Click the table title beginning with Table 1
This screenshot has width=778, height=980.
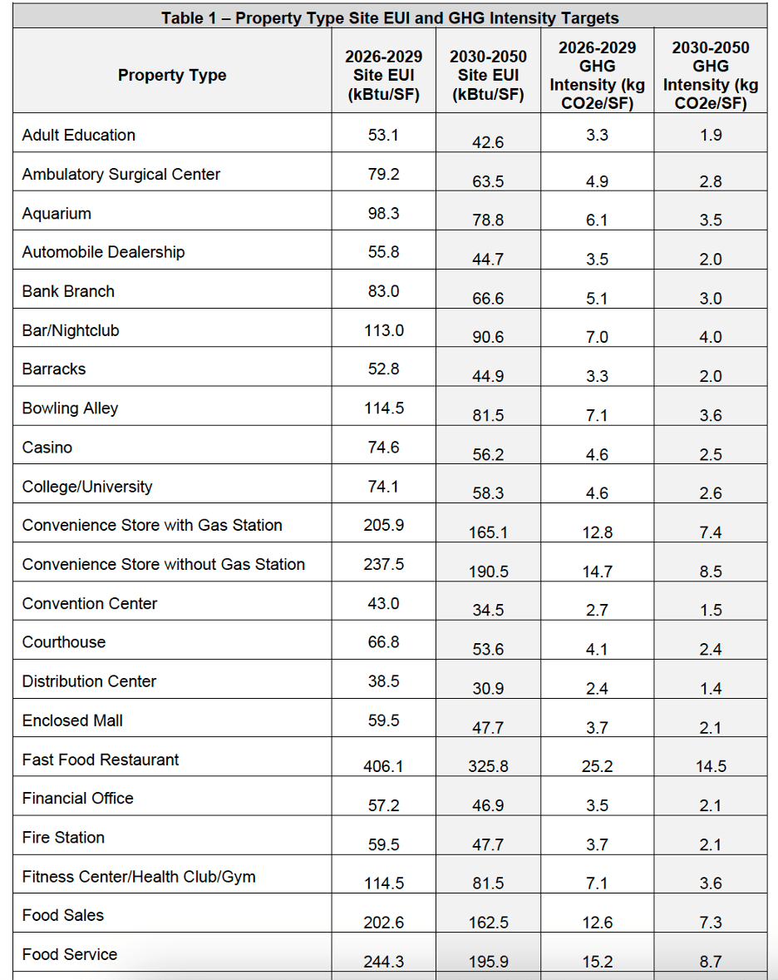pyautogui.click(x=389, y=17)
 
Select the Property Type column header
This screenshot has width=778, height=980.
pyautogui.click(x=172, y=75)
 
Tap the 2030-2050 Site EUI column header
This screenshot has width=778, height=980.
pyautogui.click(x=488, y=75)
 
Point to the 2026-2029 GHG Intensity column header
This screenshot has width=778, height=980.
pyautogui.click(x=597, y=75)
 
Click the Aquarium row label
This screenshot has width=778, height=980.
pyautogui.click(x=57, y=214)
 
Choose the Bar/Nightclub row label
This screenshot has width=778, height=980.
pyautogui.click(x=71, y=331)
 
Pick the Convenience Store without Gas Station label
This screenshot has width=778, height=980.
pyautogui.click(x=163, y=565)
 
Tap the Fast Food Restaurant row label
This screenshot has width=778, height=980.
pyautogui.click(x=101, y=760)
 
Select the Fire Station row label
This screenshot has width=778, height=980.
pyautogui.click(x=63, y=838)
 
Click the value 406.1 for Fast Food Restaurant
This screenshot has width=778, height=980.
pyautogui.click(x=383, y=766)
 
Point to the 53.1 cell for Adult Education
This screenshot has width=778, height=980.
pyautogui.click(x=383, y=135)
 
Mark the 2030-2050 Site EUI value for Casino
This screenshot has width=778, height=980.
pyautogui.click(x=488, y=455)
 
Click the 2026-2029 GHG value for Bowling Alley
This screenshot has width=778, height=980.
pyautogui.click(x=597, y=416)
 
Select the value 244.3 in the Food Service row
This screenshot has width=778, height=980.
pyautogui.click(x=383, y=962)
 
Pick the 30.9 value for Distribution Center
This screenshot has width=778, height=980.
pyautogui.click(x=488, y=689)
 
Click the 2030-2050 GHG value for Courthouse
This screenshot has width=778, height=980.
pyautogui.click(x=711, y=650)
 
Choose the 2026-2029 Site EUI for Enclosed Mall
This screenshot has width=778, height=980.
pyautogui.click(x=383, y=720)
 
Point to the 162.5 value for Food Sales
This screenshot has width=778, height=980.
pyautogui.click(x=488, y=923)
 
